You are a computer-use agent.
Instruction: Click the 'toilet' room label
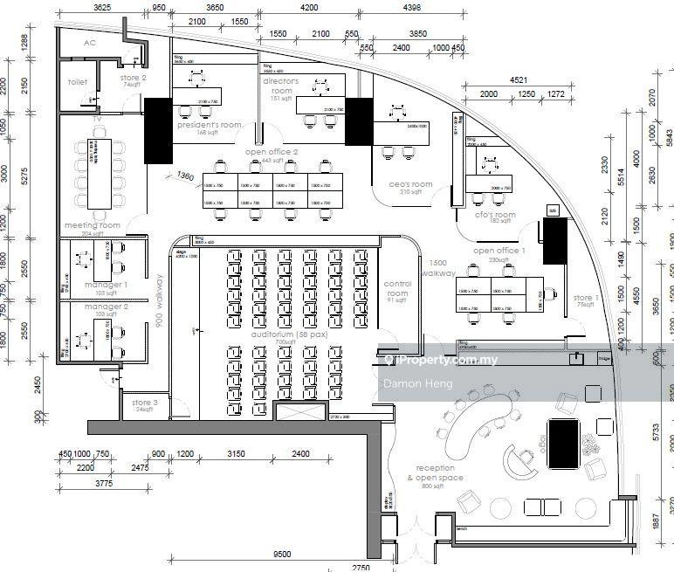78,82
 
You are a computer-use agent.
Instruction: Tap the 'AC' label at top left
89,42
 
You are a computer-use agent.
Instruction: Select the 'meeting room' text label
92,225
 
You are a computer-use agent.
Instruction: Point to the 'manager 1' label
106,285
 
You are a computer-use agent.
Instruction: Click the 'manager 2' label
106,307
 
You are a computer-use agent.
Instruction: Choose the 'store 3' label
144,403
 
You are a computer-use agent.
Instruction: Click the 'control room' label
397,289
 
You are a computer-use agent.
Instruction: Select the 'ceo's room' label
410,184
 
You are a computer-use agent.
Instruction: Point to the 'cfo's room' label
495,215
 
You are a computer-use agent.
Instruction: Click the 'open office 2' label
272,152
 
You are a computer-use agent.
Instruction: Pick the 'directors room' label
281,86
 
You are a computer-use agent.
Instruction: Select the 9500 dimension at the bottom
281,554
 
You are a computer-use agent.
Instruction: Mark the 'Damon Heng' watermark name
409,383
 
